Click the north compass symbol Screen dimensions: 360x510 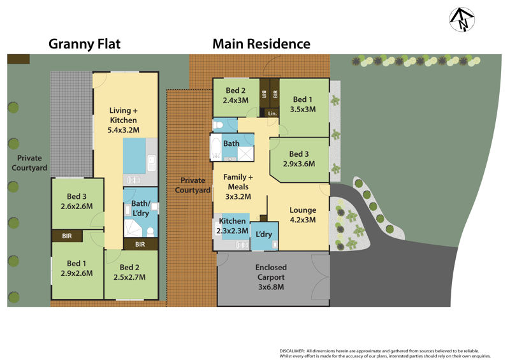pyautogui.click(x=462, y=20)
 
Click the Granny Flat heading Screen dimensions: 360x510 pyautogui.click(x=85, y=44)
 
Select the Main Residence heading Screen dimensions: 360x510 pyautogui.click(x=261, y=44)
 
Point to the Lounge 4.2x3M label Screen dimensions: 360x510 pyautogui.click(x=303, y=215)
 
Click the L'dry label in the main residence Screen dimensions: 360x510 pyautogui.click(x=264, y=234)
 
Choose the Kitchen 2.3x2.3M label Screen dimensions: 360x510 pyautogui.click(x=232, y=225)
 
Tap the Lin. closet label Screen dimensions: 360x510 pyautogui.click(x=272, y=113)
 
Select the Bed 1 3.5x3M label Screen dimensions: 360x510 pyautogui.click(x=303, y=104)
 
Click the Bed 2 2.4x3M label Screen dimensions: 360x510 pyautogui.click(x=235, y=94)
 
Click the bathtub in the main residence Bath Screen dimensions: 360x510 pyautogui.click(x=216, y=148)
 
